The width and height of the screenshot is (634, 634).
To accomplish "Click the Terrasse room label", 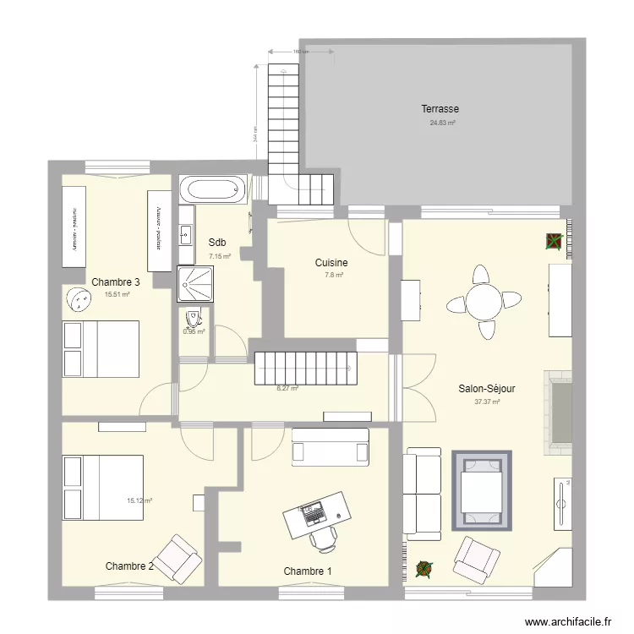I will click(x=440, y=109).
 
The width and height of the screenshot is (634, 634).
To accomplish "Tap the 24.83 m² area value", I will click(x=442, y=123).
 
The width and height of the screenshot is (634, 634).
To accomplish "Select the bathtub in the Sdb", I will click(x=215, y=189).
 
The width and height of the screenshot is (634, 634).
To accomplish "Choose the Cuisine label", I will click(x=331, y=263).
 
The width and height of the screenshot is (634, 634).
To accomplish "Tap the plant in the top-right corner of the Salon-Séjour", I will click(x=553, y=242).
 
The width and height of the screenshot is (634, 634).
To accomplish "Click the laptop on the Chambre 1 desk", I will click(x=313, y=511).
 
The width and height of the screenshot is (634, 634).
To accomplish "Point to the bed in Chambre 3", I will click(x=101, y=349).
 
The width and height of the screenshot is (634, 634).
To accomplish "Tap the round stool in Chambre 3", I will click(x=79, y=298).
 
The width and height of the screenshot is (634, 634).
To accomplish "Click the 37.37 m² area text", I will click(x=487, y=402).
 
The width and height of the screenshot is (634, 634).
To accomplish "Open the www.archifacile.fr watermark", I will click(x=567, y=621).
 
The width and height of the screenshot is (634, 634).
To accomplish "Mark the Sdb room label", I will click(x=217, y=243).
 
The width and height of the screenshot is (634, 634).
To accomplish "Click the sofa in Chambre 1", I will click(x=330, y=446).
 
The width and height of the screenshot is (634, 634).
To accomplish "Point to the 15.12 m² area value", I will click(x=139, y=500).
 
